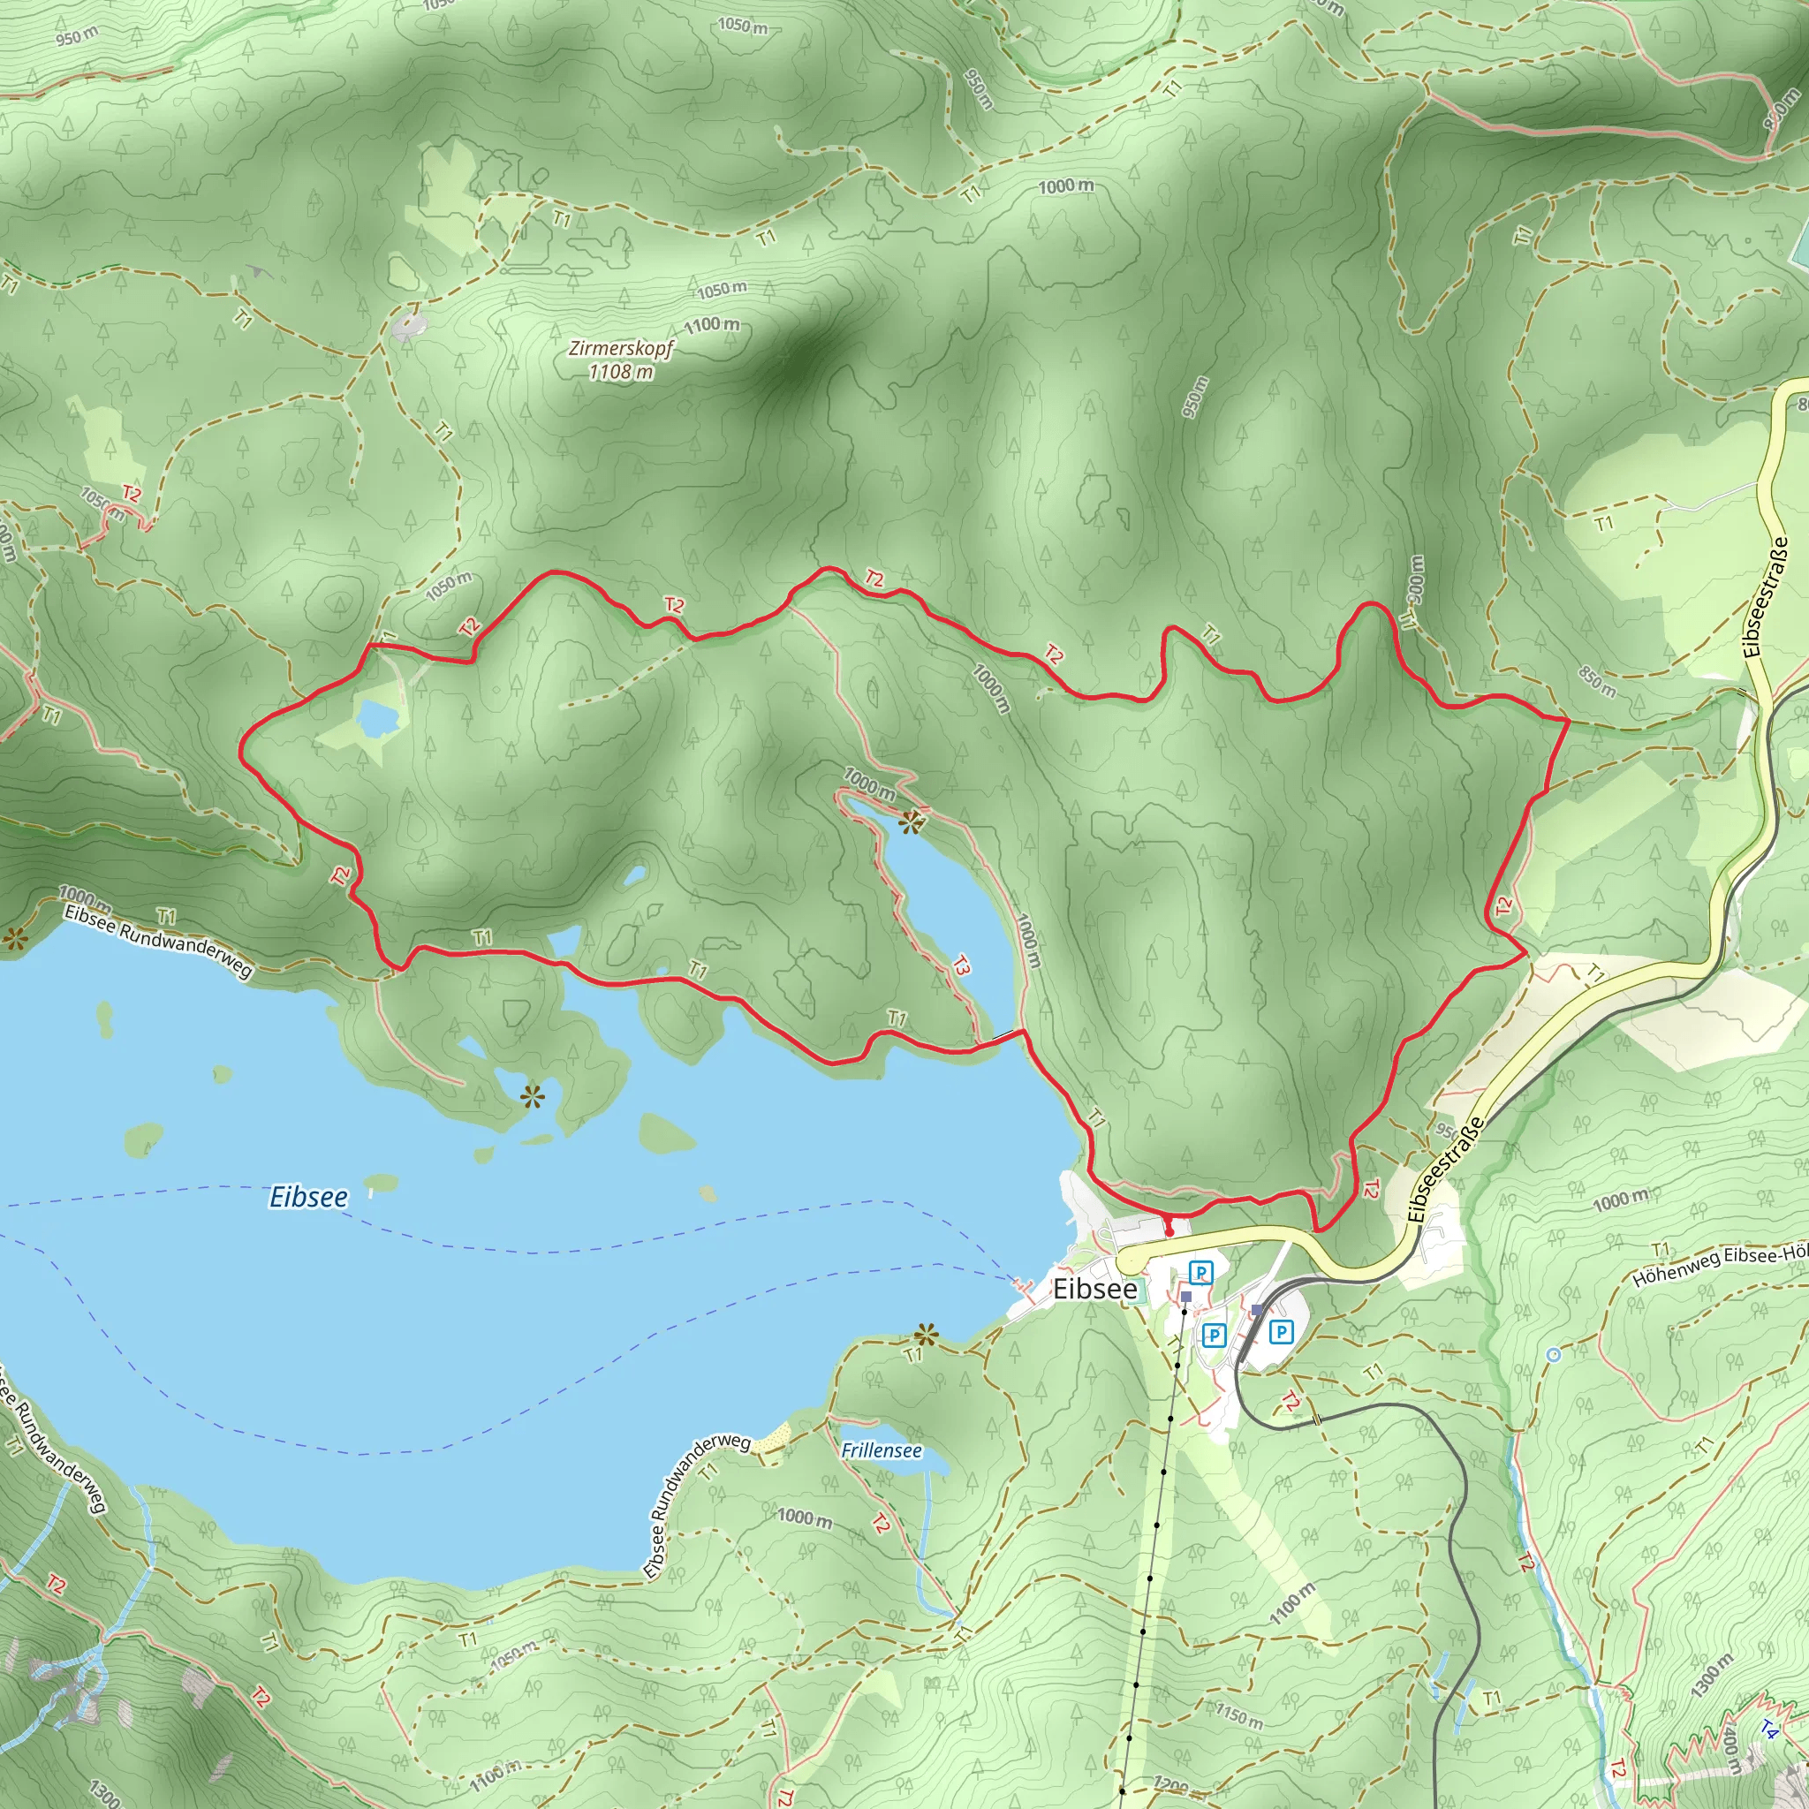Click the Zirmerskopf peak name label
point(621,348)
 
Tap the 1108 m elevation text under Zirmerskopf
point(621,372)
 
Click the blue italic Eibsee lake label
point(308,1197)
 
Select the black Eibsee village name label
point(1094,1290)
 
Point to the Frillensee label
point(881,1450)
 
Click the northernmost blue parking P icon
point(1200,1273)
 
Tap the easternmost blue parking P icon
point(1281,1331)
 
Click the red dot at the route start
point(1169,1232)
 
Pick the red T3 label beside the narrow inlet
point(962,965)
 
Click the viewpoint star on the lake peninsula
point(532,1095)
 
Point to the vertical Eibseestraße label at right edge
point(1752,597)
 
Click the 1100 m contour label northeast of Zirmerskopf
point(712,325)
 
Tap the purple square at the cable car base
point(1186,1297)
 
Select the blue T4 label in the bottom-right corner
point(1767,1730)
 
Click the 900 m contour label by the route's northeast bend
point(1415,579)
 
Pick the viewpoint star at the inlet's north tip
point(909,822)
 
